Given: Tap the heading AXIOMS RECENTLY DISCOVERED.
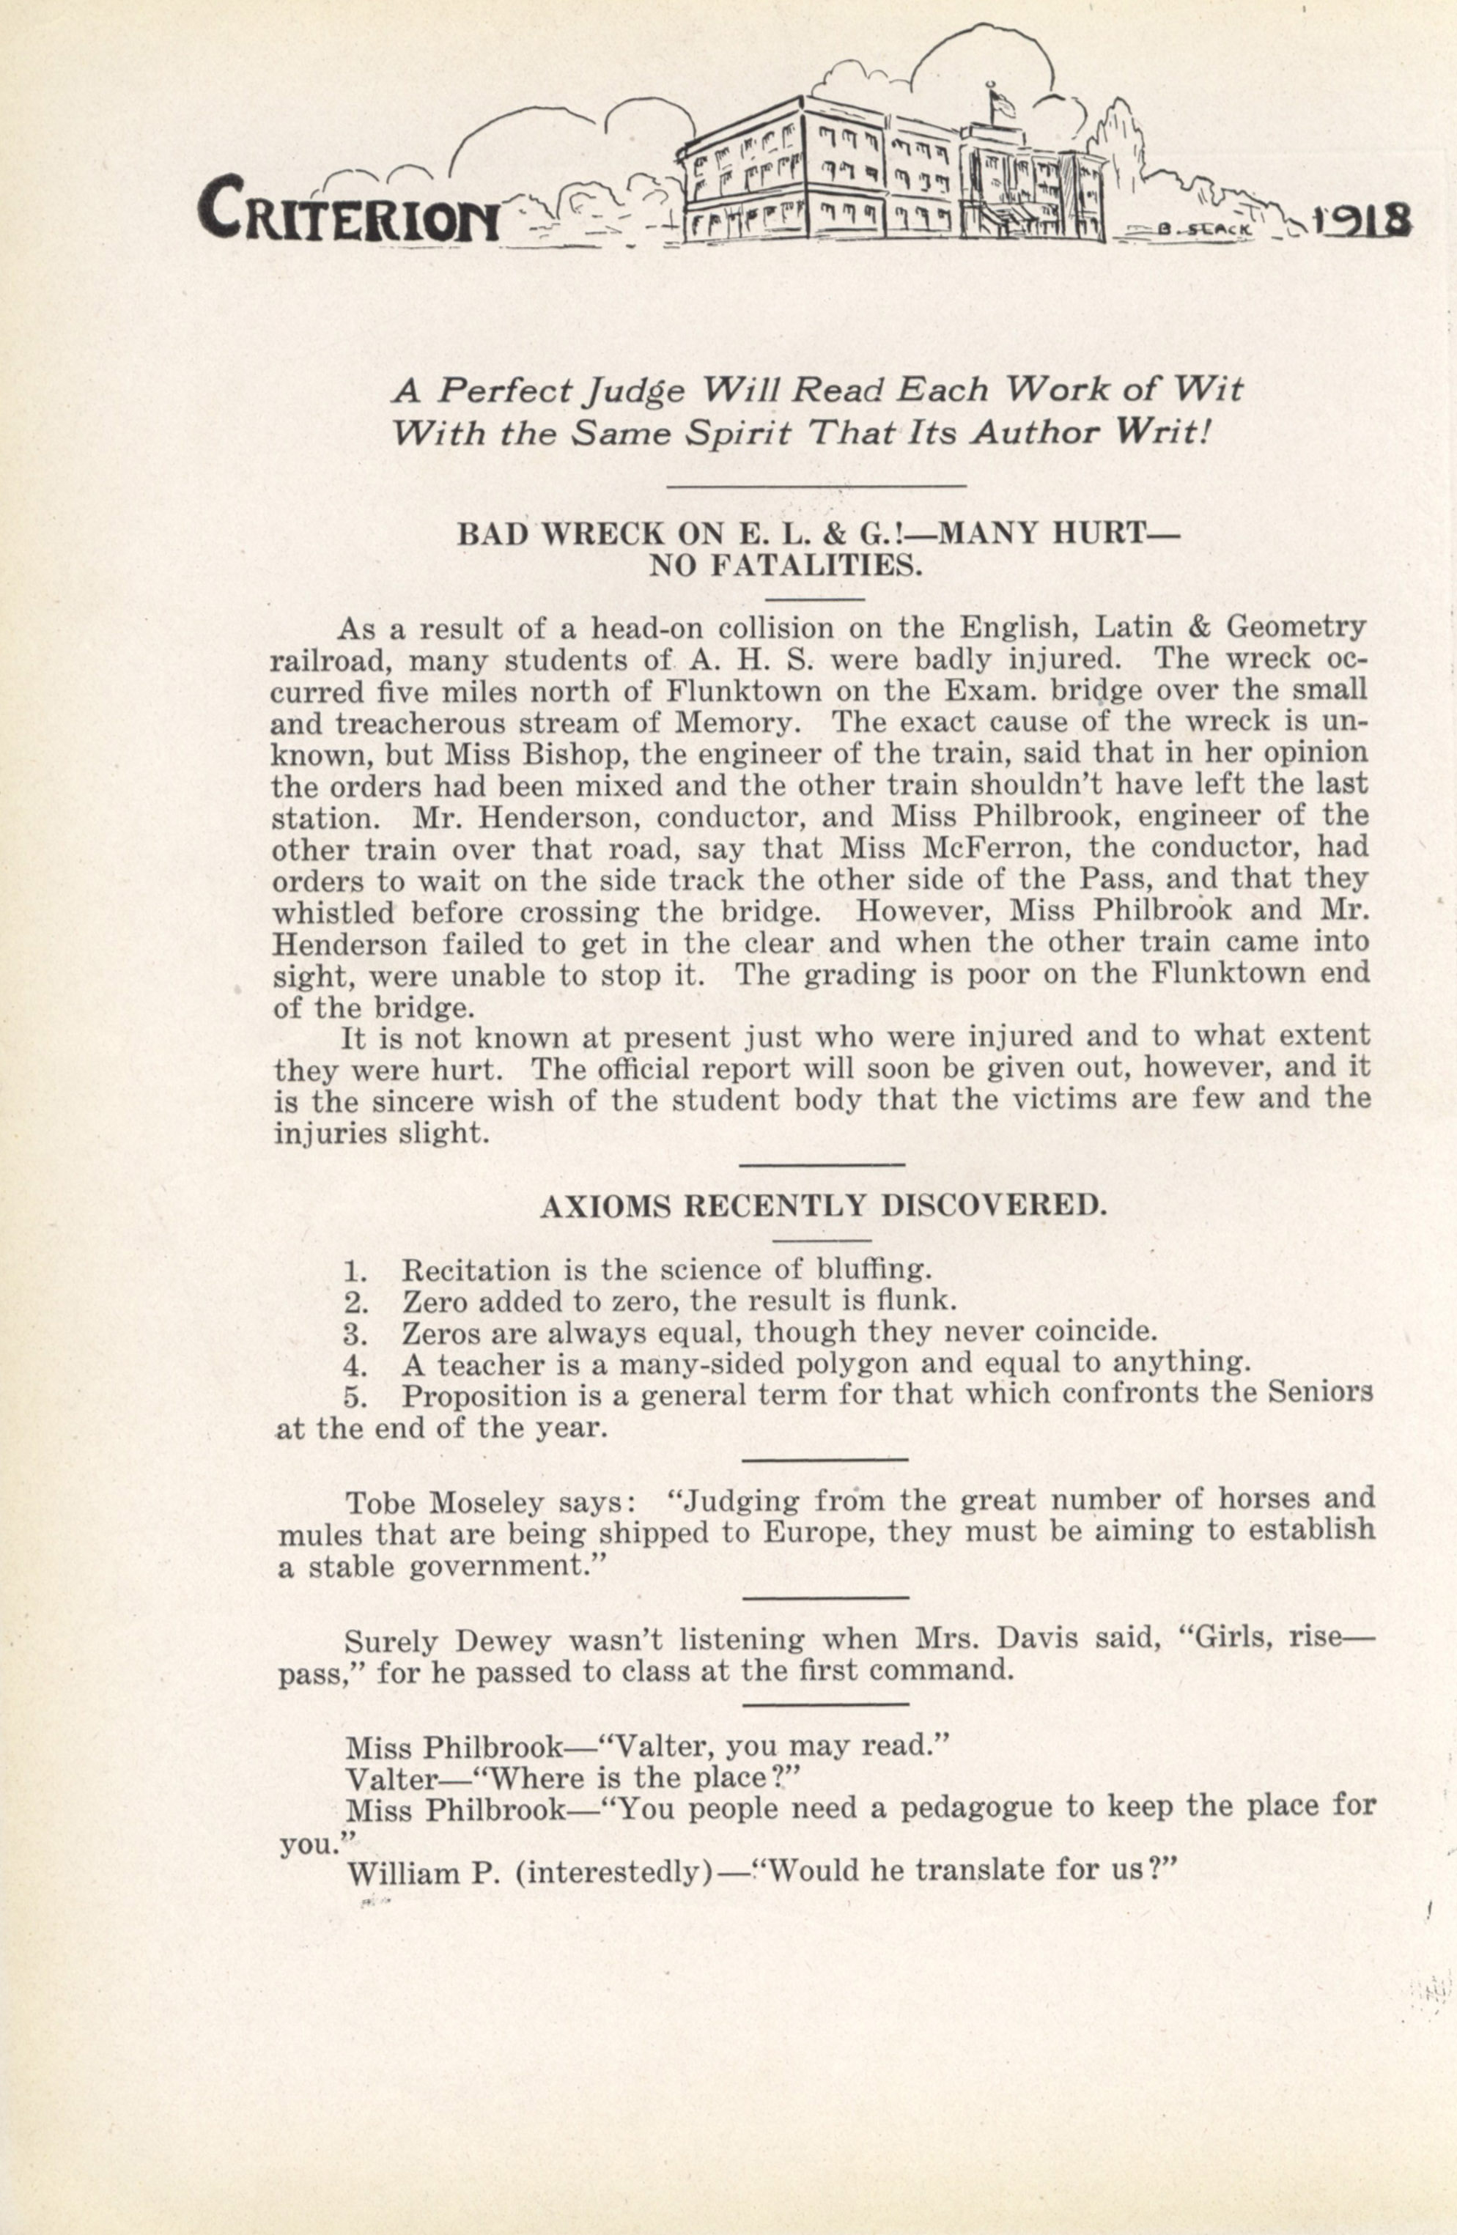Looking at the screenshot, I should click(823, 1207).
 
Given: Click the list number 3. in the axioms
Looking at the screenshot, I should click(354, 1334).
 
